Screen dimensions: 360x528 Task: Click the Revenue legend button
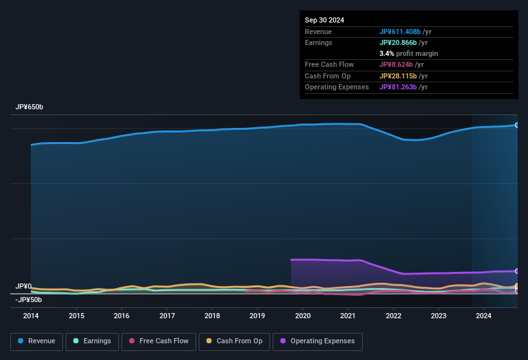coord(37,341)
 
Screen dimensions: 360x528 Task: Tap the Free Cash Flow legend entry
coord(159,341)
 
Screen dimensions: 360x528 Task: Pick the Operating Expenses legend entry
coord(317,341)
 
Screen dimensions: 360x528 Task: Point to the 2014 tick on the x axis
coord(31,316)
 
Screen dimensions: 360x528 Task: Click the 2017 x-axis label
coord(167,316)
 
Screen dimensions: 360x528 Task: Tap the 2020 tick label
coord(303,316)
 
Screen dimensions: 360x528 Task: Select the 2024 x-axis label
coord(484,316)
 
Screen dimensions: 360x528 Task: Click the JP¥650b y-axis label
coord(30,107)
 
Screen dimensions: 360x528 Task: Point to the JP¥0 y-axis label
coord(24,286)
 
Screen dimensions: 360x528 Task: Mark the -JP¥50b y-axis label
coord(29,300)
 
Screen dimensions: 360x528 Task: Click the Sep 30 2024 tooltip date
coord(324,20)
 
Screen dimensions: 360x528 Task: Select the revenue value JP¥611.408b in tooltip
coord(401,32)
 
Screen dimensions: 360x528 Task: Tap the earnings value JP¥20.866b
coord(399,42)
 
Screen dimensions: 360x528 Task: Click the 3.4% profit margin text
coord(408,53)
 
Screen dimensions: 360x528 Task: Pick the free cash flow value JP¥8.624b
coord(397,64)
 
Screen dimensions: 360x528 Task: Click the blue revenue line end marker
coord(516,125)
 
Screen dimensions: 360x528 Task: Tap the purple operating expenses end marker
coord(516,271)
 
